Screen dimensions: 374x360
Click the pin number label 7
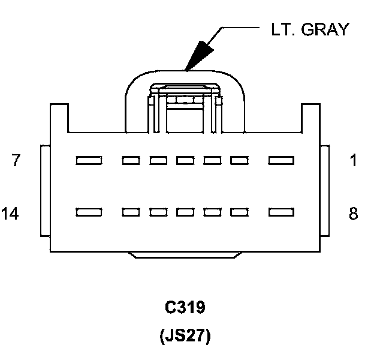point(16,160)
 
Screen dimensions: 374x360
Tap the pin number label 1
point(353,160)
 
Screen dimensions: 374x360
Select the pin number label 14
point(10,213)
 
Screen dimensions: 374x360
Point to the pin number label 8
point(353,213)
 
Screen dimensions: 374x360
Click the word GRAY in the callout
point(325,29)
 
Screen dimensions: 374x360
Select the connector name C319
point(185,307)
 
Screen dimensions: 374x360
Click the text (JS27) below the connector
point(185,336)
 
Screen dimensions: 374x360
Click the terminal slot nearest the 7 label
point(89,160)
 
